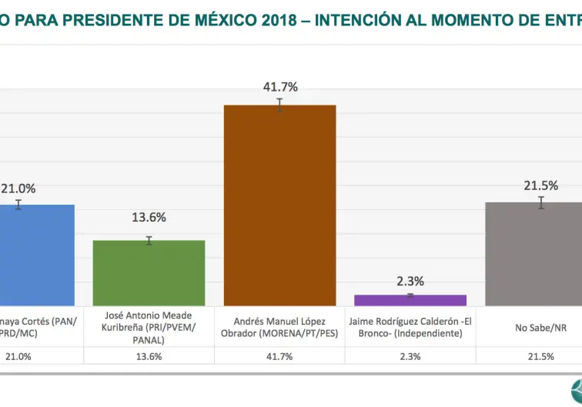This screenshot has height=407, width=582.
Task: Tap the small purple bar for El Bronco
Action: tap(410, 300)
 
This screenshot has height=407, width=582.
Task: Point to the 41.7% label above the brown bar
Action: tap(280, 87)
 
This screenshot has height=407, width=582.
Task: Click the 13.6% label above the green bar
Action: tap(149, 217)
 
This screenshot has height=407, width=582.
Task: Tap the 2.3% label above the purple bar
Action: tap(410, 282)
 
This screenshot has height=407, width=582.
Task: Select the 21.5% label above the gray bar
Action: tap(540, 185)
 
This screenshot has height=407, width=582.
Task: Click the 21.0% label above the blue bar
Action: tap(18, 188)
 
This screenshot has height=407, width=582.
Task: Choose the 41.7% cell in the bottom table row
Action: tap(279, 356)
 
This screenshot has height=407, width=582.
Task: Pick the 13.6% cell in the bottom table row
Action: tap(149, 356)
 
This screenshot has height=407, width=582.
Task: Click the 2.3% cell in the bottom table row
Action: tap(410, 356)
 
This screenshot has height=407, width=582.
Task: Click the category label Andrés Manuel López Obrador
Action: tap(279, 327)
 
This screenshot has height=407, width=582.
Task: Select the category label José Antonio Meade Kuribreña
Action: tap(149, 327)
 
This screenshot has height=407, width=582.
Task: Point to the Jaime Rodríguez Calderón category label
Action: tap(410, 327)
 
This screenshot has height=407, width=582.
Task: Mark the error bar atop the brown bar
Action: tap(280, 105)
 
